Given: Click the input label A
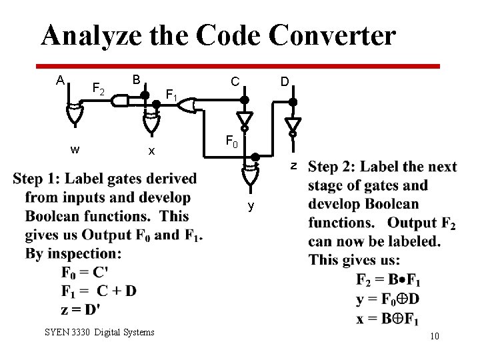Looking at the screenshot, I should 60,81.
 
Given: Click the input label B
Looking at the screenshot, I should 135,79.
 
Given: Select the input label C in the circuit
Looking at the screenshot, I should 235,81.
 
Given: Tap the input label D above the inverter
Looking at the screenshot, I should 285,81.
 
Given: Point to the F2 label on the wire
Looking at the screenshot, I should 98,88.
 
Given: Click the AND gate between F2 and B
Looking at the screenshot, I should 121,101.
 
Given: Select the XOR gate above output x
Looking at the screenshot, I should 151,123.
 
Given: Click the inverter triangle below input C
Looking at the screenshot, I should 245,119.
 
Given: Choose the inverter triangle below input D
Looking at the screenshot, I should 292,125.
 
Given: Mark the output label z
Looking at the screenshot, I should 292,165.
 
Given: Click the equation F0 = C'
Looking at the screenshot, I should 85,272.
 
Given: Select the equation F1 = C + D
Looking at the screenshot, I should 98,291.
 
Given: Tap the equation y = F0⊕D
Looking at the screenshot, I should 387,299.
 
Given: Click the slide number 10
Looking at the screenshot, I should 434,336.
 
